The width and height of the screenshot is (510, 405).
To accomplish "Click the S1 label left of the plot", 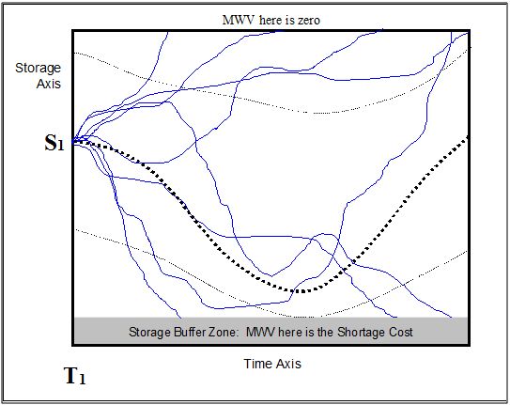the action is click(54, 143).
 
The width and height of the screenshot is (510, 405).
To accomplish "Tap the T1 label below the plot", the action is click(75, 376).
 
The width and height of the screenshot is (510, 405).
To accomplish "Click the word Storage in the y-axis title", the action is click(39, 69).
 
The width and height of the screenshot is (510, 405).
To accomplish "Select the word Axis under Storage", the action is click(49, 84).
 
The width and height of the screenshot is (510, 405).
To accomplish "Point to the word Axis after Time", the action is click(287, 364).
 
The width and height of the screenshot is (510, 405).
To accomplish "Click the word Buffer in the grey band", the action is click(193, 332).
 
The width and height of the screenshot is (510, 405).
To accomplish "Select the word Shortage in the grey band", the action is click(357, 332).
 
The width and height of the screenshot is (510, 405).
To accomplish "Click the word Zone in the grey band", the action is click(227, 332).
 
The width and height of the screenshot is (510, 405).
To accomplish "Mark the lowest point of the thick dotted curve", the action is click(301, 291).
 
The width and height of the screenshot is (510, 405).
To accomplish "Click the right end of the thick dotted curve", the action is click(468, 137).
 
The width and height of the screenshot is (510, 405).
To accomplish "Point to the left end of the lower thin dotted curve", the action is click(76, 229).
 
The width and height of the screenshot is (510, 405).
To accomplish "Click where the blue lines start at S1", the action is click(73, 142).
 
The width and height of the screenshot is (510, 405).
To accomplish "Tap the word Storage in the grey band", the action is click(150, 333).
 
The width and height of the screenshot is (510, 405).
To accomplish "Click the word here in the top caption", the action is click(270, 20).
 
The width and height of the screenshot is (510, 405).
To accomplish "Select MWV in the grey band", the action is click(261, 332).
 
